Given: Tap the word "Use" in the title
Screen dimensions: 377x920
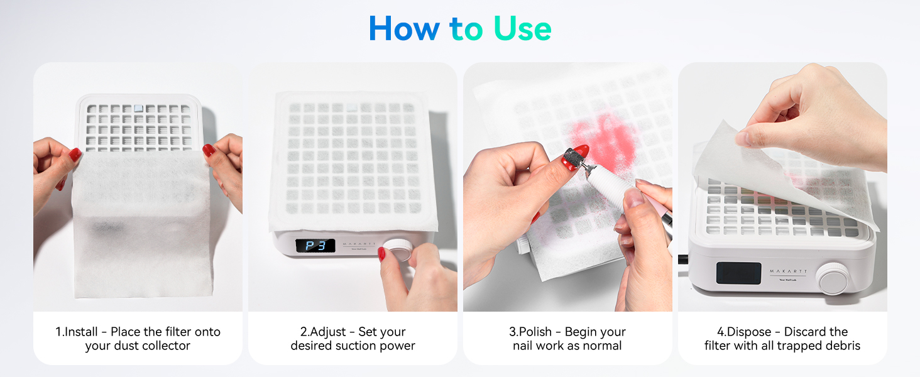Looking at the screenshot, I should point(522,29).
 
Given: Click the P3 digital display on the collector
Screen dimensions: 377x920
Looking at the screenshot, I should point(315,245).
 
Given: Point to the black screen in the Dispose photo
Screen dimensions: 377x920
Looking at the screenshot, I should point(739,272).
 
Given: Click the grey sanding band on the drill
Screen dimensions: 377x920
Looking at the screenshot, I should point(572,159).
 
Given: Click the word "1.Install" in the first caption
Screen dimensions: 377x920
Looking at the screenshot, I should point(80,332).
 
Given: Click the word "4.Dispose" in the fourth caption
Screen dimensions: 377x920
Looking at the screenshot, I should point(744,332).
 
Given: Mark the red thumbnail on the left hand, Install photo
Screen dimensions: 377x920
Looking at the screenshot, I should point(75,155).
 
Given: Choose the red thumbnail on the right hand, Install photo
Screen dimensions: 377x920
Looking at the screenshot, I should point(209,151).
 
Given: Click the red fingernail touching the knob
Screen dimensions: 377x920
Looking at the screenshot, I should point(381,254).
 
